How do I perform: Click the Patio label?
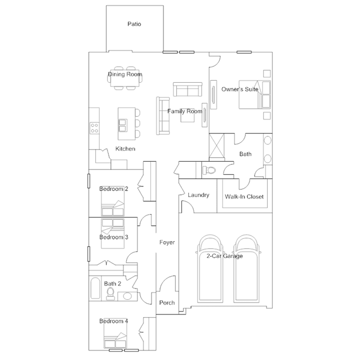tap(134, 24)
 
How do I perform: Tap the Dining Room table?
tap(125, 78)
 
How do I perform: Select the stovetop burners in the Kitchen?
tap(94, 128)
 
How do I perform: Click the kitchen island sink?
tap(123, 126)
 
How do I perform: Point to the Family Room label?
tap(185, 112)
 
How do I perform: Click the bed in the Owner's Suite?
tap(255, 94)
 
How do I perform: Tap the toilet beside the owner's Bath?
tap(209, 170)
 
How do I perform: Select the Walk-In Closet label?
tap(245, 197)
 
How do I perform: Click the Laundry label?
tap(198, 195)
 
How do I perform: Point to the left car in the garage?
tap(210, 269)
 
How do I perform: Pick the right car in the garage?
tap(247, 269)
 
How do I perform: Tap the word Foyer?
tap(167, 242)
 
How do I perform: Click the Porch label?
tap(167, 303)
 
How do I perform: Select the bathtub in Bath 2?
tap(95, 288)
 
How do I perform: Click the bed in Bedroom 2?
tap(113, 201)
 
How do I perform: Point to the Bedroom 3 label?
tap(114, 237)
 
